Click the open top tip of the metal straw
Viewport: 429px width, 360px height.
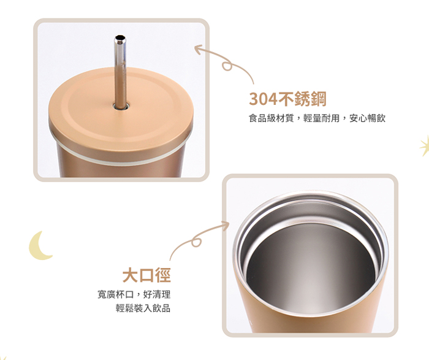coord(120,37)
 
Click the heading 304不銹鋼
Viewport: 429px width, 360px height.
coord(287,99)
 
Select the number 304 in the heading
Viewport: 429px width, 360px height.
coord(263,99)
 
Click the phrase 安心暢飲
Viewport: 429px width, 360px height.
coord(367,118)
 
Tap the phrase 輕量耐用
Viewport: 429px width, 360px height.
coord(322,118)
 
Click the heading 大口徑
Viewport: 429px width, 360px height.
coord(146,275)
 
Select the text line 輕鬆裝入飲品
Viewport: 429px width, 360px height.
coord(143,308)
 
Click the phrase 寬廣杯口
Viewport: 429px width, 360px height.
coord(116,294)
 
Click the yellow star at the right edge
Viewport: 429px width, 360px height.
coord(425,146)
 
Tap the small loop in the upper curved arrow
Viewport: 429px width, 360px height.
coord(227,66)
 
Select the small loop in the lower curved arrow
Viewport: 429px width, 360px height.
coord(197,242)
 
